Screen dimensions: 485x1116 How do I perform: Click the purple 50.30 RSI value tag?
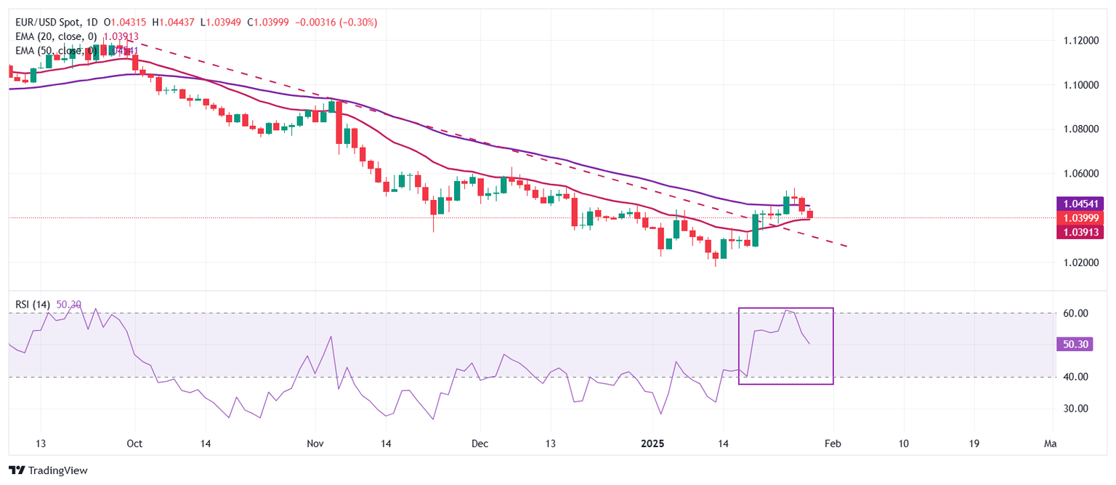pos(1072,345)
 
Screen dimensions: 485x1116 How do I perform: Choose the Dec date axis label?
pos(480,444)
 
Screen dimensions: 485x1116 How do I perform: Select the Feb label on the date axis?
pos(832,444)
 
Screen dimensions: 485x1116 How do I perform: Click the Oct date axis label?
pos(134,444)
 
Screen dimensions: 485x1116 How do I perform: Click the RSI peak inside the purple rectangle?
pos(788,310)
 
